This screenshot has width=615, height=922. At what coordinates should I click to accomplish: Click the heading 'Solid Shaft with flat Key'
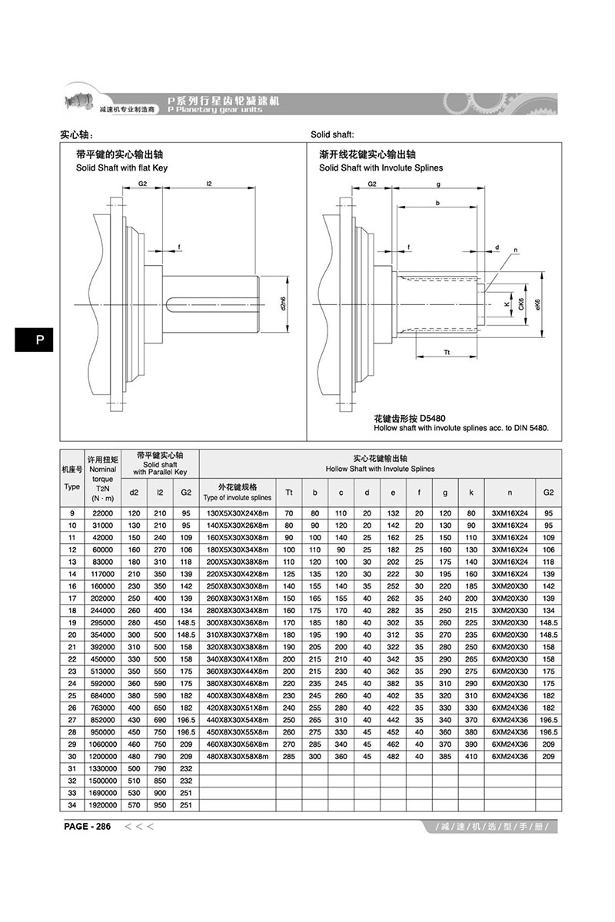(121, 167)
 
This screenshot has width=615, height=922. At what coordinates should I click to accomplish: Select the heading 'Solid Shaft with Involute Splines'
(381, 167)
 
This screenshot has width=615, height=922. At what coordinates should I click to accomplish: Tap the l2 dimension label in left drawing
(209, 184)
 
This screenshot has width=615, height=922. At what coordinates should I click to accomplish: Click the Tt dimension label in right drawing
(447, 351)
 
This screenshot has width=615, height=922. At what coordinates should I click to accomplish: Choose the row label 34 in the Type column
(72, 804)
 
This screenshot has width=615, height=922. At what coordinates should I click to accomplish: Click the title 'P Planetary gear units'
(214, 110)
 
